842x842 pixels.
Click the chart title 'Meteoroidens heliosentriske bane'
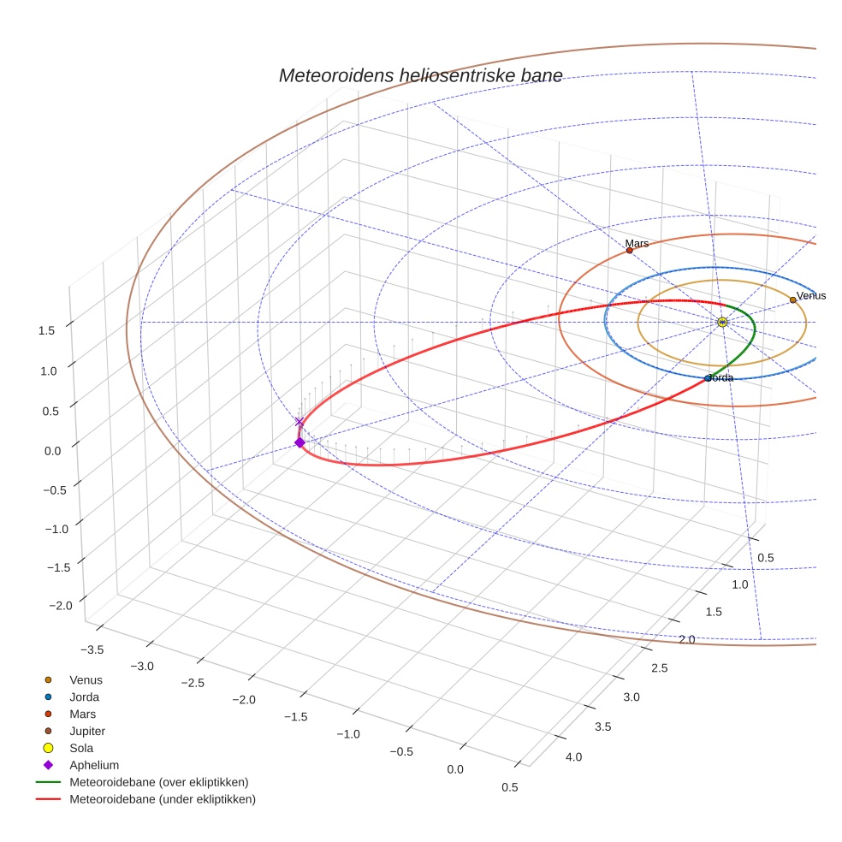[420, 75]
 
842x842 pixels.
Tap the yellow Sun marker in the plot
[722, 322]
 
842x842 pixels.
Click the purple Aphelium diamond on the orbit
[299, 442]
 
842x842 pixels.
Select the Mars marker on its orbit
[629, 251]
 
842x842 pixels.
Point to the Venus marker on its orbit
[792, 300]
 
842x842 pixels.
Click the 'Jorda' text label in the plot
[720, 377]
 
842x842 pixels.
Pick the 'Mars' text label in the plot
[637, 244]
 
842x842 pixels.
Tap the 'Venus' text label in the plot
[811, 296]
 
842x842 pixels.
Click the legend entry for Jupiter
[87, 731]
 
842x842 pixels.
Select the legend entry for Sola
[81, 748]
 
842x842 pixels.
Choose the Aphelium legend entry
[93, 765]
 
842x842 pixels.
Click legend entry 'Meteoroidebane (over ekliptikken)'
[158, 782]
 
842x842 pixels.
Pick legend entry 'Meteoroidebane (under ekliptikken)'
[162, 799]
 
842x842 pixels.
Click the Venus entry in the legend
[86, 680]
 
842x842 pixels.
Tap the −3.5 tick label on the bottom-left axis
[90, 650]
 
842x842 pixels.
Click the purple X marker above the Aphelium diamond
[299, 421]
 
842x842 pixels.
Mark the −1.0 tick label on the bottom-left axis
[348, 734]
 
